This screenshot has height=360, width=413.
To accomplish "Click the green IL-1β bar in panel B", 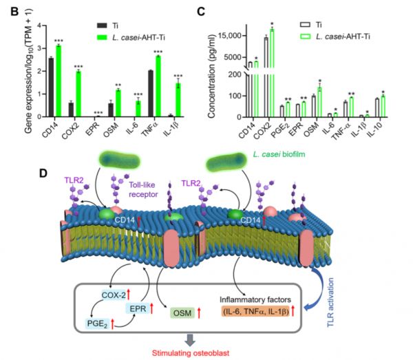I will point(178,100).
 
